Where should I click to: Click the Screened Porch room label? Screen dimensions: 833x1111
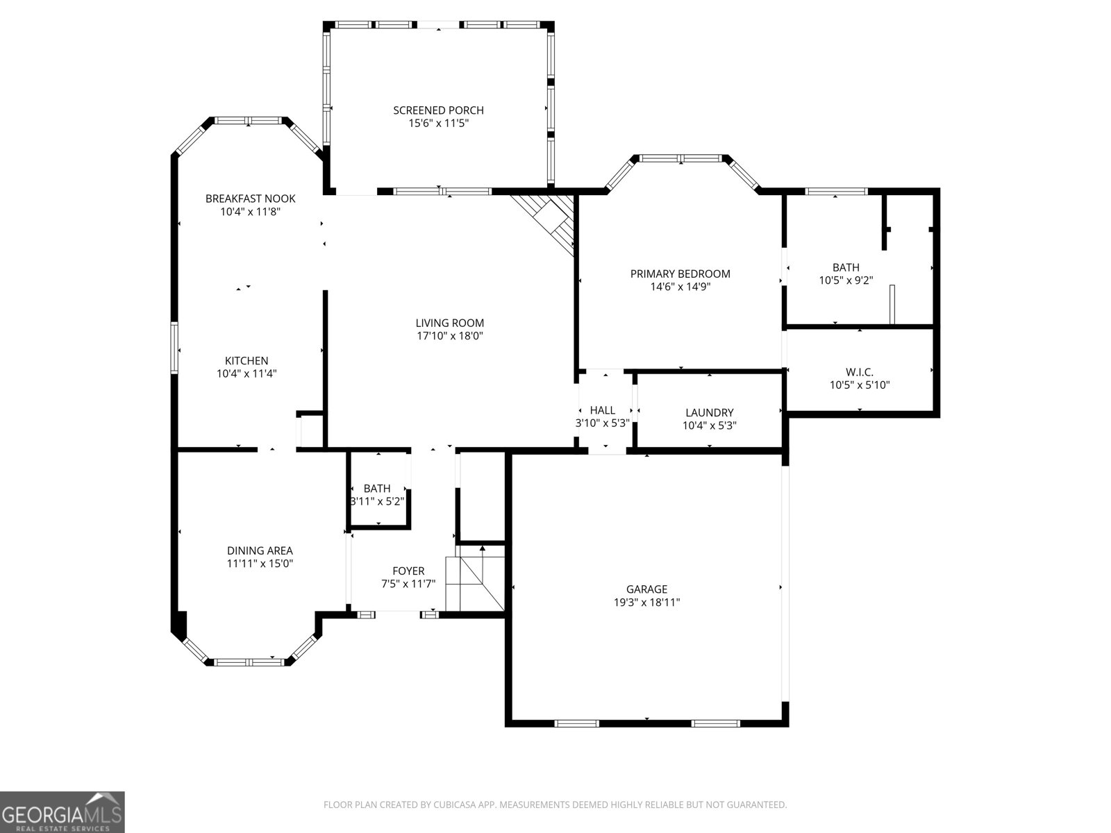pos(438,110)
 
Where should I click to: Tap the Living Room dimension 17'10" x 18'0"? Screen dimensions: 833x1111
pos(449,336)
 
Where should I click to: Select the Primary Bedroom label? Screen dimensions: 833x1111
pos(680,274)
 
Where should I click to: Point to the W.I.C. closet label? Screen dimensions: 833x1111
pos(860,372)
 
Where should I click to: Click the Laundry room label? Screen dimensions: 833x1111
pos(709,412)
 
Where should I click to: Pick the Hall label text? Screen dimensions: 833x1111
pos(602,410)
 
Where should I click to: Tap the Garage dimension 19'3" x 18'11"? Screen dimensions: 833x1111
pos(646,603)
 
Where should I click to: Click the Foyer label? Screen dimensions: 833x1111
pos(408,571)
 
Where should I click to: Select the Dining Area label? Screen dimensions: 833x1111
pos(260,551)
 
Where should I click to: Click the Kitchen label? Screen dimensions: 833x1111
pos(247,361)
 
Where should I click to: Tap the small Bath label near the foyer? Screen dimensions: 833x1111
pos(377,489)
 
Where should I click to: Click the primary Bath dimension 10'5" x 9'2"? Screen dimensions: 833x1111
pos(846,280)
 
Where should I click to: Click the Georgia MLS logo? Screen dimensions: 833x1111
pos(62,811)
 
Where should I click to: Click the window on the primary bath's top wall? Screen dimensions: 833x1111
pos(835,192)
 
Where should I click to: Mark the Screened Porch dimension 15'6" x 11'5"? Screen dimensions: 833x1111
pos(438,124)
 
